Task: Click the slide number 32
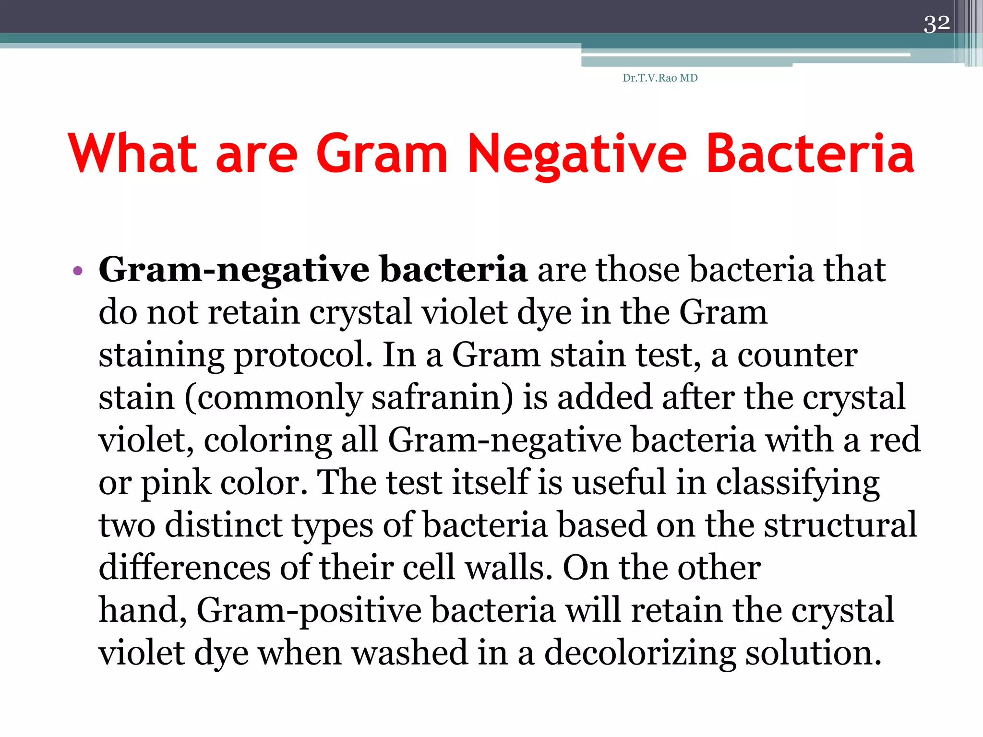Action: (936, 24)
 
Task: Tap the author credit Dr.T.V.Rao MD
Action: (660, 78)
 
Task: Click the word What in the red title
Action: (132, 153)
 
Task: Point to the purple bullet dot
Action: (78, 271)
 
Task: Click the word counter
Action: (797, 356)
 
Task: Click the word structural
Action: (840, 525)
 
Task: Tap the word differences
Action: (184, 568)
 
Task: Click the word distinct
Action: (224, 525)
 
